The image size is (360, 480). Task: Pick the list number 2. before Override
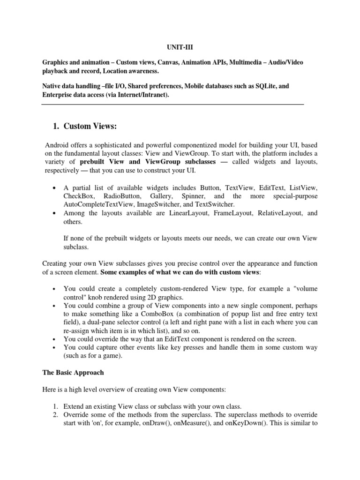[x=55, y=415]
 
